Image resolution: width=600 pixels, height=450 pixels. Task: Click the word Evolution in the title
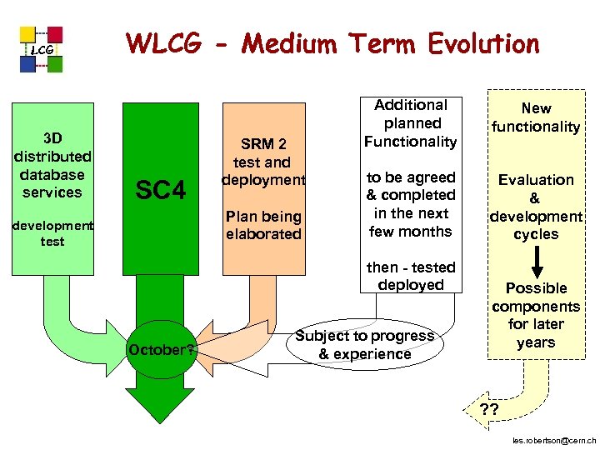(472, 43)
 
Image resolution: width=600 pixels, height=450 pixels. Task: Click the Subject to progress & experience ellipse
(364, 345)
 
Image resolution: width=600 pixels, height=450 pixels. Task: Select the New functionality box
(536, 117)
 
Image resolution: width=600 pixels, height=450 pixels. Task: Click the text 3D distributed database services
(52, 165)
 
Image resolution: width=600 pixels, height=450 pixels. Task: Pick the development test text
(52, 233)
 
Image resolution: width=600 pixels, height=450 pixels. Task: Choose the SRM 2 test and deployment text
(263, 162)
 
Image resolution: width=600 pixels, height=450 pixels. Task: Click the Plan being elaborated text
(263, 225)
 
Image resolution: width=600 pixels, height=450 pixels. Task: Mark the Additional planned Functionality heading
(411, 122)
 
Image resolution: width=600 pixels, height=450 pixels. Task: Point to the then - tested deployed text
(411, 276)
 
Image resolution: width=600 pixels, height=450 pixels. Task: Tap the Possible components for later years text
(536, 315)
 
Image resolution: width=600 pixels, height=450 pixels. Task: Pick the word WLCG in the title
(162, 43)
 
